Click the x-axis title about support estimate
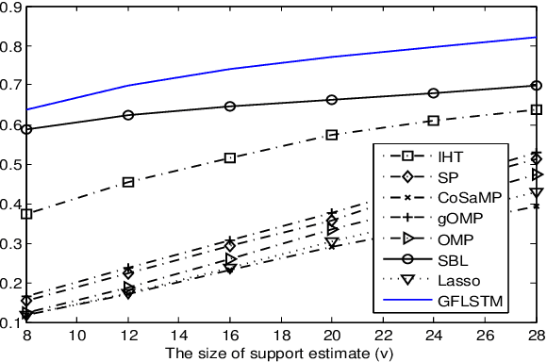click(279, 354)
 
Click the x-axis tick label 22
click(383, 336)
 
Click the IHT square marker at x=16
click(230, 157)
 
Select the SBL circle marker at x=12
click(128, 115)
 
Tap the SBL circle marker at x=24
click(434, 93)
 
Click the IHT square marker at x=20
click(332, 135)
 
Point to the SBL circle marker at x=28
click(536, 85)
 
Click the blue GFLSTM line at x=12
click(128, 86)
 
